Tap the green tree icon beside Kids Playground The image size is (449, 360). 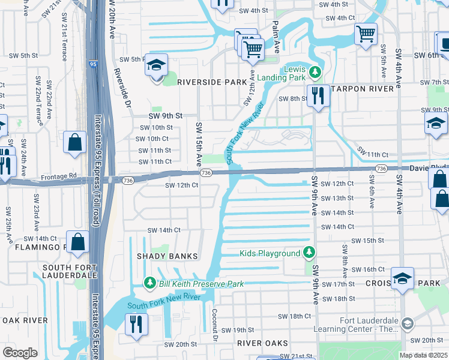(x=309, y=253)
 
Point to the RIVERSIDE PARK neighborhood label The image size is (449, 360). (x=203, y=82)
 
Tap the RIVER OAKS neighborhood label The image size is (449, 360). (x=262, y=343)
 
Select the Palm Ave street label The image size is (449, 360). (x=276, y=37)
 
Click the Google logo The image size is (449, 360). (x=20, y=352)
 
